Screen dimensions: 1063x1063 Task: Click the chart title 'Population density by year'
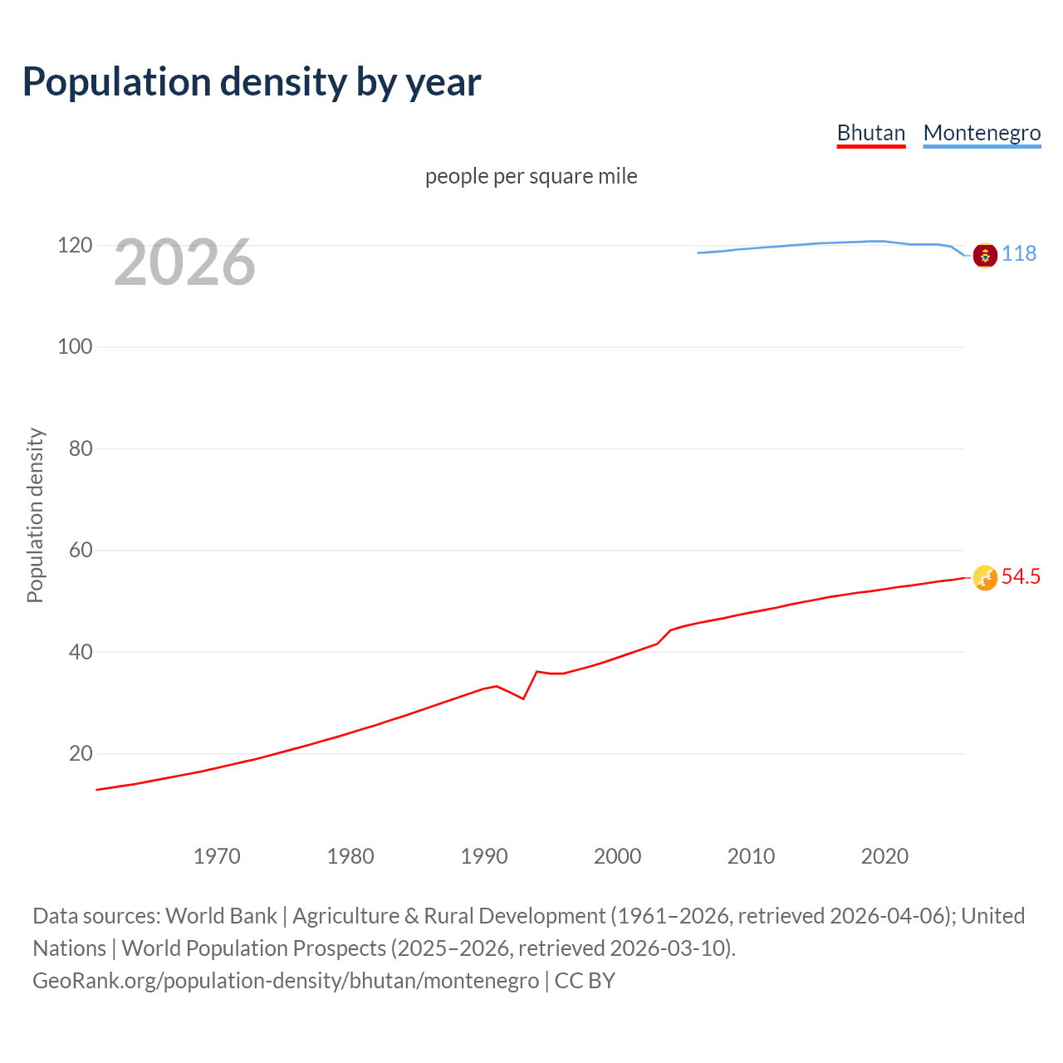coord(252,82)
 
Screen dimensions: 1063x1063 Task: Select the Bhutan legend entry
coord(870,133)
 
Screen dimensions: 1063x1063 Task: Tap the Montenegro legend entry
coord(982,133)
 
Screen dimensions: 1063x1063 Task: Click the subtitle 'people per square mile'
coord(531,176)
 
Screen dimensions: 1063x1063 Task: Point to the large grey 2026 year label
coord(184,262)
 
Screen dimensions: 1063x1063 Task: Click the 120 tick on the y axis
coord(75,246)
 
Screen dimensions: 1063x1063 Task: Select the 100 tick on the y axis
coord(75,347)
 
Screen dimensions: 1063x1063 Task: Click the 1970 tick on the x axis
coord(217,856)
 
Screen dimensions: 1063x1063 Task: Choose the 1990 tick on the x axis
coord(484,856)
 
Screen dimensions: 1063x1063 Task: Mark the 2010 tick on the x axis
coord(751,856)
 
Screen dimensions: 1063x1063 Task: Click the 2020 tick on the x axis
coord(884,856)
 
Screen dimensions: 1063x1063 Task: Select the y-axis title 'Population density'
coord(35,515)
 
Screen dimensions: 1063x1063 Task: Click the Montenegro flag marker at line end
coord(985,256)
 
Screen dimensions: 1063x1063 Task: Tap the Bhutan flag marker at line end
coord(985,577)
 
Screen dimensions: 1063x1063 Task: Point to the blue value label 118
coord(1019,254)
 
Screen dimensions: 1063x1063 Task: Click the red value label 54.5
coord(1021,577)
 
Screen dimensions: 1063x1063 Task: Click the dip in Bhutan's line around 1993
coord(523,698)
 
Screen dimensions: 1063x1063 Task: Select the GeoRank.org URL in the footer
coord(286,981)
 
